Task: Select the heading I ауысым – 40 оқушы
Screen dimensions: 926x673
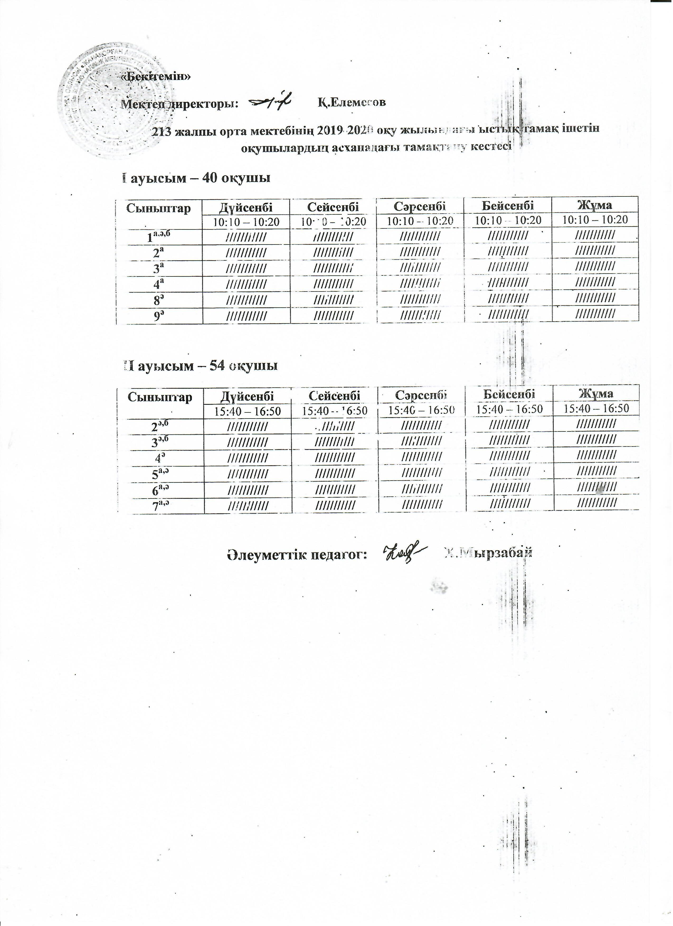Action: pos(196,178)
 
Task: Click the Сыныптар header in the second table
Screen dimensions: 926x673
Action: pos(160,397)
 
